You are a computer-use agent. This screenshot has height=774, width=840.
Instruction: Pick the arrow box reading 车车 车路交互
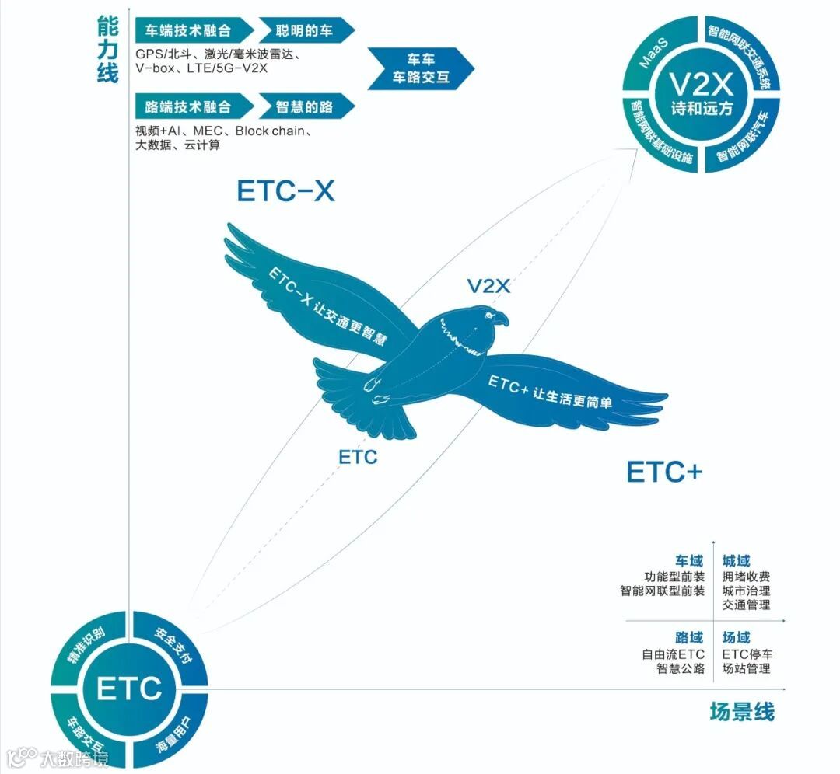pyautogui.click(x=420, y=68)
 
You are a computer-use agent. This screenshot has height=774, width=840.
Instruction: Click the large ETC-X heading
pyautogui.click(x=285, y=192)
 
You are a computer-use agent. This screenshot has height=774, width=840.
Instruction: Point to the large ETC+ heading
pyautogui.click(x=664, y=472)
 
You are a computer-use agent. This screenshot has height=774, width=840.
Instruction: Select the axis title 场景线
pyautogui.click(x=742, y=711)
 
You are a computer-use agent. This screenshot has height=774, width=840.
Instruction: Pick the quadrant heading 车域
pyautogui.click(x=689, y=560)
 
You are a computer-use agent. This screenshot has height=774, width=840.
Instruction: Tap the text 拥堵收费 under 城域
pyautogui.click(x=747, y=577)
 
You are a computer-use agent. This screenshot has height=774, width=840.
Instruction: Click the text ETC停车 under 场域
pyautogui.click(x=747, y=654)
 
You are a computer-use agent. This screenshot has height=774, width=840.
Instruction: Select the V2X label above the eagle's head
pyautogui.click(x=488, y=286)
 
